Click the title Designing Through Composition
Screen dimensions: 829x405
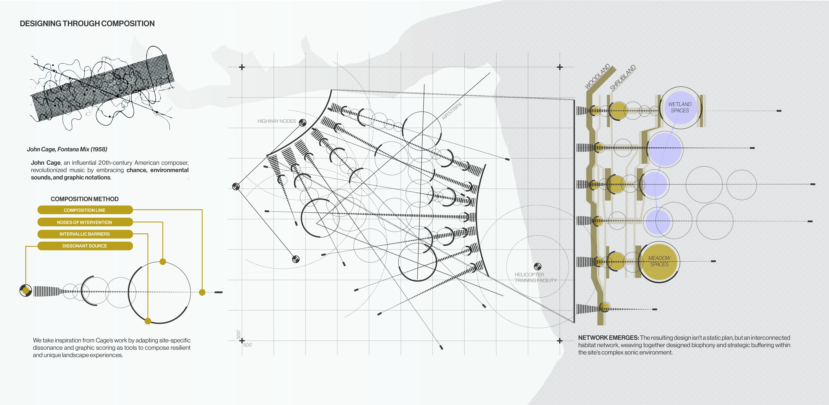(x=87, y=23)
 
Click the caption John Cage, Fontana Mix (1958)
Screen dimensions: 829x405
(x=67, y=149)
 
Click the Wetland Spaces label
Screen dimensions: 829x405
(x=680, y=107)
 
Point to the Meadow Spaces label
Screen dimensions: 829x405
(x=659, y=261)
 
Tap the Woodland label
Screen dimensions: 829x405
(x=597, y=77)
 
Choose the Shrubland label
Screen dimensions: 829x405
(x=623, y=78)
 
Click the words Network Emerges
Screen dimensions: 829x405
(x=608, y=338)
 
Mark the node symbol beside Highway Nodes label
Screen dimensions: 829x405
(x=303, y=122)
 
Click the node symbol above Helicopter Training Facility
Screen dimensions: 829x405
(x=537, y=266)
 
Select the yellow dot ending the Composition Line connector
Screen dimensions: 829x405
(x=202, y=292)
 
